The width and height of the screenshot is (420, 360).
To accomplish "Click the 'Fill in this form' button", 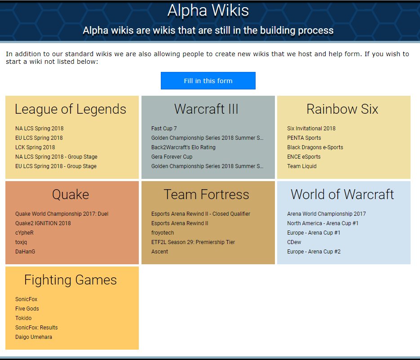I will [208, 81].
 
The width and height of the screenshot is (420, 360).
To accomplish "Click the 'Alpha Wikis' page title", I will [208, 10].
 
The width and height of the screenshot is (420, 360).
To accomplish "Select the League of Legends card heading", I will [71, 109].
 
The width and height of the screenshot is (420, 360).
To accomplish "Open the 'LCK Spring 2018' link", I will [35, 147].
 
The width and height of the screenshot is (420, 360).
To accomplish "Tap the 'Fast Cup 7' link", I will [164, 129].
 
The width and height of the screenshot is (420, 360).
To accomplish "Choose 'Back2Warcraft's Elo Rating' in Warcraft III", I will [183, 147].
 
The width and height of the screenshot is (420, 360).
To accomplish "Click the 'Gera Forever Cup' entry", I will [172, 157].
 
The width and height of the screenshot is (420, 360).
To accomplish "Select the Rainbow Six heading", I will [342, 109].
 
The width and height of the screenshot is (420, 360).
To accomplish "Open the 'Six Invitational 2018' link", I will [311, 129].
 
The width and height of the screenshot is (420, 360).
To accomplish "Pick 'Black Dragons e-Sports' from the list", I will [315, 147].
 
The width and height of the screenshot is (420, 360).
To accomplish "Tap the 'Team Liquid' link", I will [302, 166].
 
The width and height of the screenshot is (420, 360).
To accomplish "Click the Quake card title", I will [71, 195].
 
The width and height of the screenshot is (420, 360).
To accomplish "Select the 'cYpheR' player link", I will [24, 233].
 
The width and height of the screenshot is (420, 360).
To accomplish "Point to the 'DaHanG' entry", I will [25, 252].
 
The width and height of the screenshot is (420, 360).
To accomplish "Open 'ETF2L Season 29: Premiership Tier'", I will [193, 242].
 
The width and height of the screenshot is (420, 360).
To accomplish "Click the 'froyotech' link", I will [163, 233].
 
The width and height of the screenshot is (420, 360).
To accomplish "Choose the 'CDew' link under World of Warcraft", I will [294, 242].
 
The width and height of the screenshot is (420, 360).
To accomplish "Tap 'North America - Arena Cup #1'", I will [323, 223].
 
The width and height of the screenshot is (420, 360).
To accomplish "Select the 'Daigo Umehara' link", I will [34, 337].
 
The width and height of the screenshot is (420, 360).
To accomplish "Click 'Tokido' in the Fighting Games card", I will [23, 318].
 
